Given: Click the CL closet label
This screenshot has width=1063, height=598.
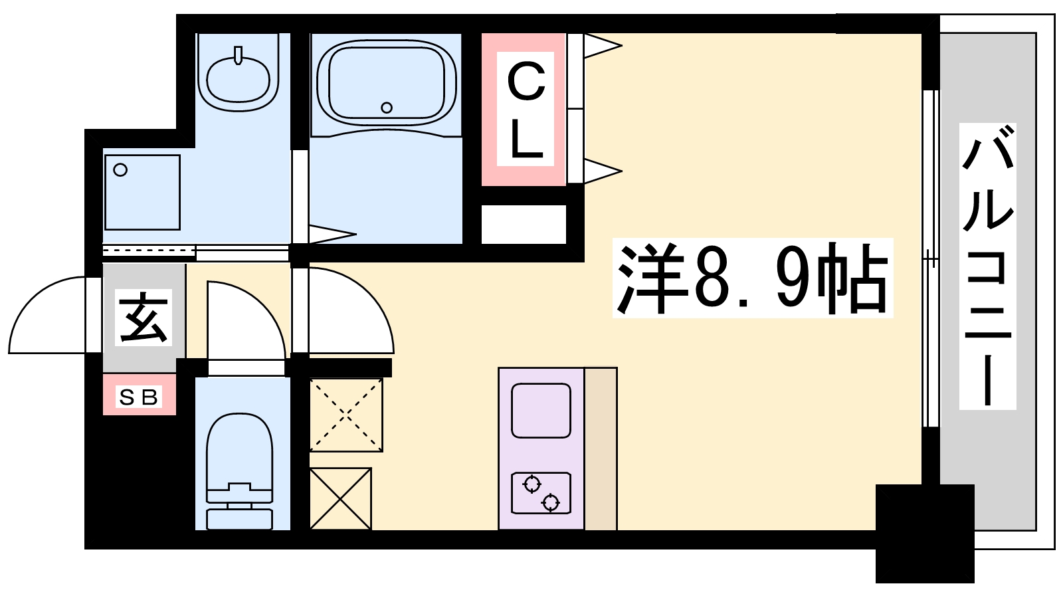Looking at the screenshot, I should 526,110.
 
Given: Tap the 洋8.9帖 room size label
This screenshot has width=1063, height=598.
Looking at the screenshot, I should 752,278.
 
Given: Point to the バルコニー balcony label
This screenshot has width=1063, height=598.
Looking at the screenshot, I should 987,266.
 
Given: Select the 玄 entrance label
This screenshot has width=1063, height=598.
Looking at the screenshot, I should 143,318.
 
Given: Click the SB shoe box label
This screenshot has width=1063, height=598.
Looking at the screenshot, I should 139,397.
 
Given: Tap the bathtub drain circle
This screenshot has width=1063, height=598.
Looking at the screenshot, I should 387,107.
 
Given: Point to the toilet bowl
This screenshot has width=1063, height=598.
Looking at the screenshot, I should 239,452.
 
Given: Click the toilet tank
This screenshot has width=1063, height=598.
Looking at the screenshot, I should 239,517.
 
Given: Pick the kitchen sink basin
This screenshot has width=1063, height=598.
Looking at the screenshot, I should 541,410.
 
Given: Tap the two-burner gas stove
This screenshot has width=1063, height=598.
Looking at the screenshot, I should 541,493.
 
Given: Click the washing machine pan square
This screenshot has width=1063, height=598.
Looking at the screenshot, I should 142,192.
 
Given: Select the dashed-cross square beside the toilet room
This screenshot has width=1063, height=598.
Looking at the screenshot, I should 346,415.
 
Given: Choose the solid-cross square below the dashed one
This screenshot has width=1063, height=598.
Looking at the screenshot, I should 340,498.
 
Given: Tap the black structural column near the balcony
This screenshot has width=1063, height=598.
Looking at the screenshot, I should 924,532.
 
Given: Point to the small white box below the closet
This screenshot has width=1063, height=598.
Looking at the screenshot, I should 523,224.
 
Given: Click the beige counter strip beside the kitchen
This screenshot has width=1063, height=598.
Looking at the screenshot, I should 601,448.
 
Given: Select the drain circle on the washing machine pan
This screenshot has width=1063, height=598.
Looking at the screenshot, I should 120,170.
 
